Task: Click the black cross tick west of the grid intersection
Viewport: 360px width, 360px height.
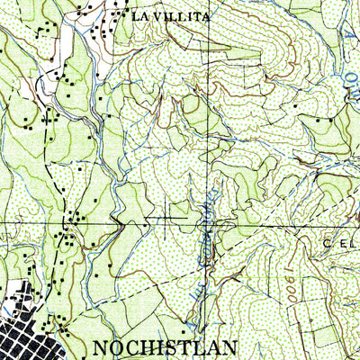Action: (x=171, y=216)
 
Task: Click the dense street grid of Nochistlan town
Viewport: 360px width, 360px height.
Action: (x=27, y=328)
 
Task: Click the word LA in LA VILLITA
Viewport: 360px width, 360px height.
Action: (x=138, y=16)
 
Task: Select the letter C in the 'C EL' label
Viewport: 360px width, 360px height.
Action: (x=328, y=242)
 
